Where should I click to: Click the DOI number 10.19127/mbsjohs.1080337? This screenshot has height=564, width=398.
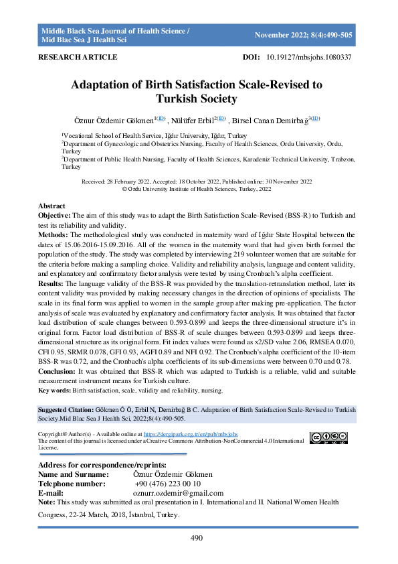coord(311,58)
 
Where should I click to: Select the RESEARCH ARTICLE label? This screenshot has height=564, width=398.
coord(78,58)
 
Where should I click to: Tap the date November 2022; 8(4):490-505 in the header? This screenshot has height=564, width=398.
coord(304,35)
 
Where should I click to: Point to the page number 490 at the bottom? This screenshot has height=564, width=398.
coord(197,538)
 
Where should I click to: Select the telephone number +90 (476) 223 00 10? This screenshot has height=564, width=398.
coord(168,484)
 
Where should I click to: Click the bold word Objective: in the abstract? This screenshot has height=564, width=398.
coord(54,215)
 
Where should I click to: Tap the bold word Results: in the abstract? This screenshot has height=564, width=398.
coord(52,285)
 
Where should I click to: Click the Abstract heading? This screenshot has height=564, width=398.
coord(52,206)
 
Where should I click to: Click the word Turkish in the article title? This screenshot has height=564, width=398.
coord(181,99)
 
